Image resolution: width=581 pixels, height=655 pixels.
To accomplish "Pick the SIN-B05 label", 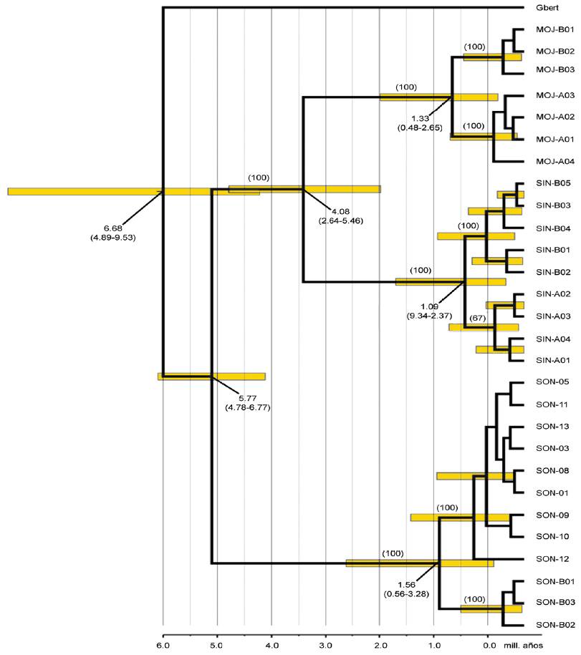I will pyautogui.click(x=549, y=183).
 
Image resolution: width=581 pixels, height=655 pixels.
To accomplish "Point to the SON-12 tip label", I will pyautogui.click(x=547, y=558).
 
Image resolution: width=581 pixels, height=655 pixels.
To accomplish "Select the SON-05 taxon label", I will pyautogui.click(x=547, y=382).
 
